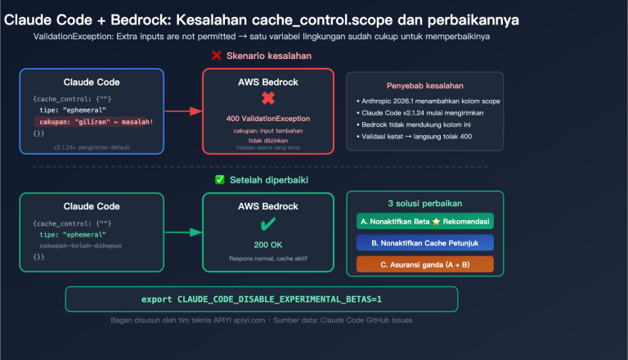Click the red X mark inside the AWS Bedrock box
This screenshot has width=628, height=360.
267,100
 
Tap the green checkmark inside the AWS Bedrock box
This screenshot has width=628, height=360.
267,224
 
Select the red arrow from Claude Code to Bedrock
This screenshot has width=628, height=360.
183,110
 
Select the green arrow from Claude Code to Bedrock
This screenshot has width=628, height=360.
183,232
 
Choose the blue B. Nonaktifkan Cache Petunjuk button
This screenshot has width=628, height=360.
424,242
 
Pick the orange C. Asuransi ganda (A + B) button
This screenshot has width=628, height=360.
424,263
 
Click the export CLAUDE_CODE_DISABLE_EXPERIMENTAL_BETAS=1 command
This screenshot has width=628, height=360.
262,299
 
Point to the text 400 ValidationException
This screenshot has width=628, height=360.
267,119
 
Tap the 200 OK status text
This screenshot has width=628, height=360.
267,244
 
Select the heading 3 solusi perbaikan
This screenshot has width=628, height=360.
424,203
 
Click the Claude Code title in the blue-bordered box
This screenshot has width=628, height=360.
92,82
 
